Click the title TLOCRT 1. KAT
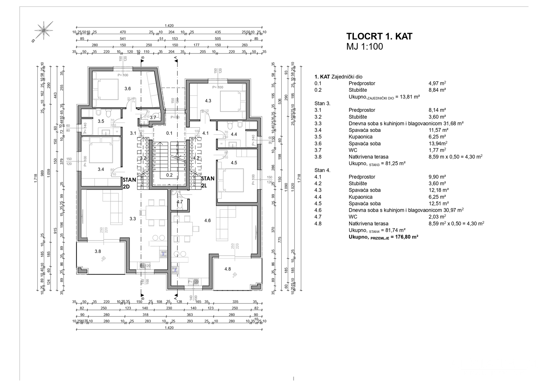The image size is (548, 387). [379, 37]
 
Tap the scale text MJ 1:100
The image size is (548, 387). [364, 47]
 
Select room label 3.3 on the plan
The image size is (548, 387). [133, 219]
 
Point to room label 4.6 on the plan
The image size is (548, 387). [207, 220]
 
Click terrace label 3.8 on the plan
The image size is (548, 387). [98, 252]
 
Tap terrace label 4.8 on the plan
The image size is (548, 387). [228, 269]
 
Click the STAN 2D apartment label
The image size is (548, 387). [128, 182]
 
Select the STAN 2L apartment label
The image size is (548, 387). [207, 182]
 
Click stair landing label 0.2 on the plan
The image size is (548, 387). [169, 175]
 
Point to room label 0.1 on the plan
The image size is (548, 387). [169, 133]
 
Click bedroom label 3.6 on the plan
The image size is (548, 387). [127, 89]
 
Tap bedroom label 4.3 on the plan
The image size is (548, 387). [208, 101]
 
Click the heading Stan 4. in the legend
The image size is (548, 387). [322, 170]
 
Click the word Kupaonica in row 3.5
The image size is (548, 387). [360, 137]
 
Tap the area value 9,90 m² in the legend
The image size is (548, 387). [437, 177]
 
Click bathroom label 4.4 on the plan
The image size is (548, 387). [234, 134]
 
